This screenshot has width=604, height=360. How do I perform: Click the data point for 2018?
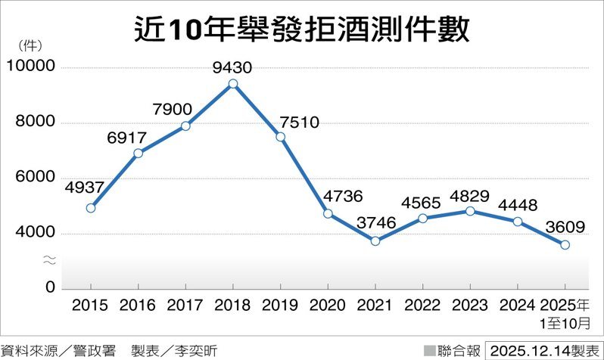pos(233,84)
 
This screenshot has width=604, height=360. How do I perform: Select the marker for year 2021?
pos(375,241)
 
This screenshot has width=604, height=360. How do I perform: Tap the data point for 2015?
pos(91,208)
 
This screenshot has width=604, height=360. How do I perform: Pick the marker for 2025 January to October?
pos(565,245)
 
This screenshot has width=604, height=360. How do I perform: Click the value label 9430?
pos(232,67)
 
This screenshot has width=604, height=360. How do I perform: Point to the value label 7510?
pos(298,121)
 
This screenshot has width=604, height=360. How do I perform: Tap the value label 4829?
pos(470,194)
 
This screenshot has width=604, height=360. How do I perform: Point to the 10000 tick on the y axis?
pos(30,67)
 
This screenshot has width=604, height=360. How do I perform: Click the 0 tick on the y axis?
pos(49,288)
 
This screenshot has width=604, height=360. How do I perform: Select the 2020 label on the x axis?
pos(328,306)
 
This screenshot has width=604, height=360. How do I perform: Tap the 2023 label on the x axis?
pos(470,306)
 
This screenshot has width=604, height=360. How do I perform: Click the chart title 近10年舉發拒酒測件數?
pos(302,29)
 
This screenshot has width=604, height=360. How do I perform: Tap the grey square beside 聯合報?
pos(430,350)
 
